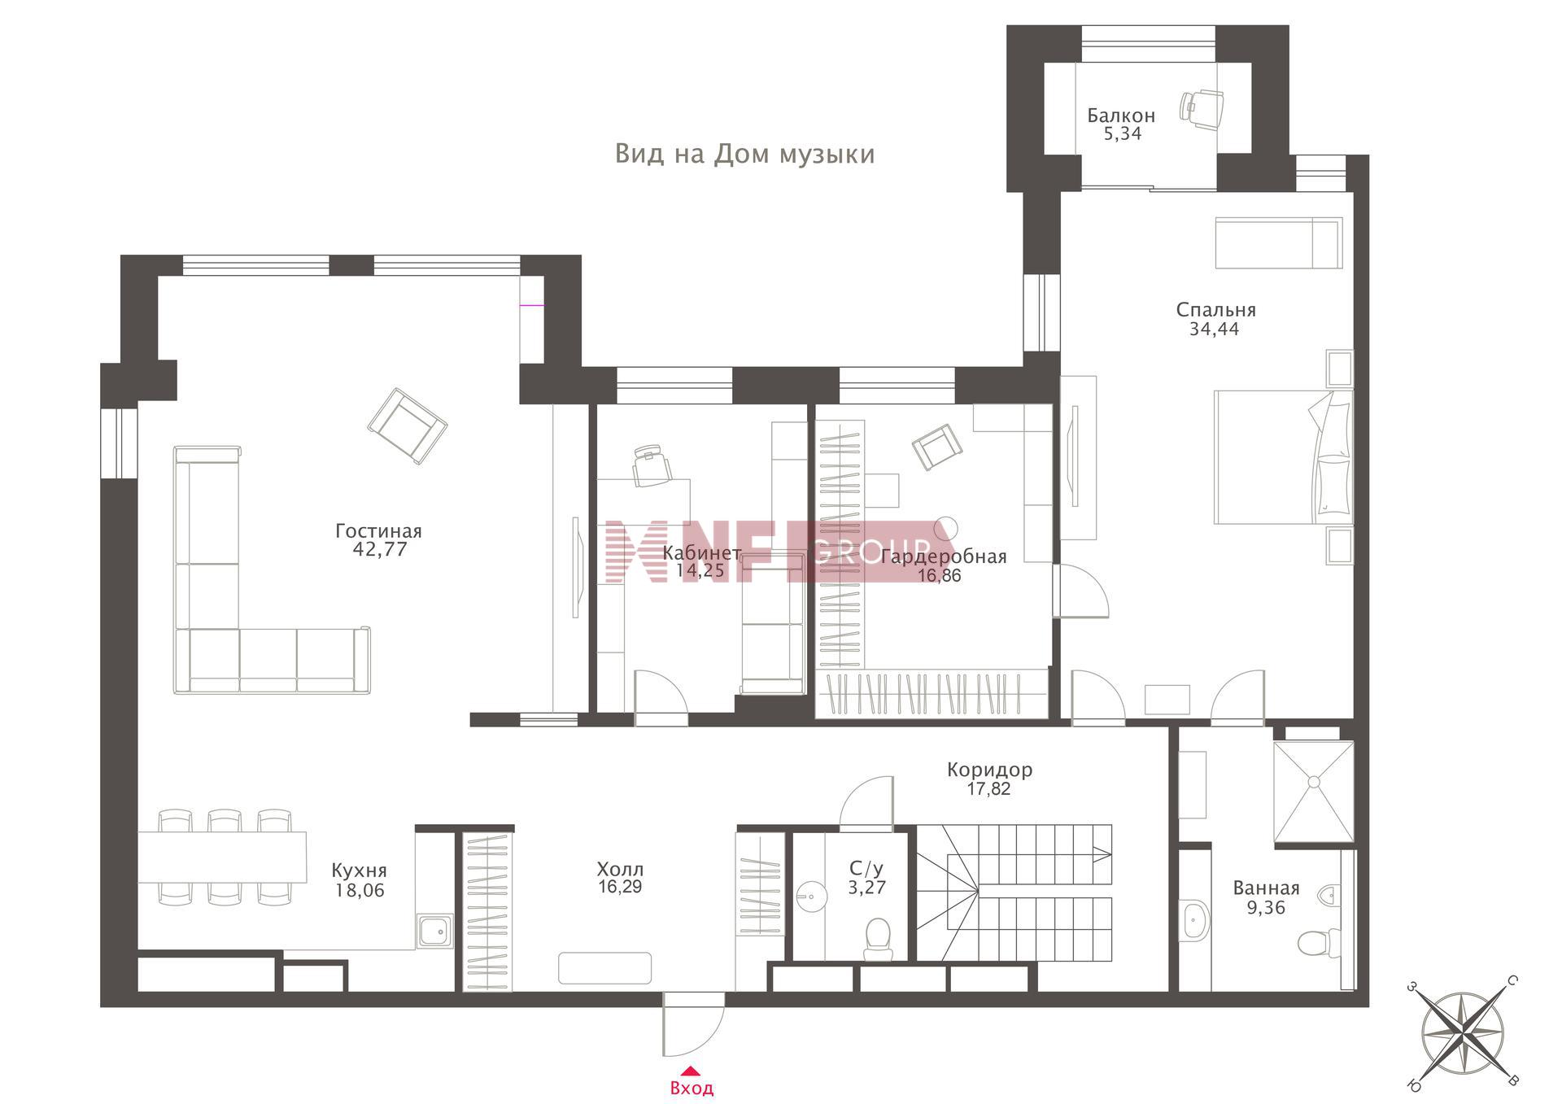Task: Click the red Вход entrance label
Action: tap(692, 1088)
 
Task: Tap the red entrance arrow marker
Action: tap(690, 1071)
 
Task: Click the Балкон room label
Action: tap(1121, 116)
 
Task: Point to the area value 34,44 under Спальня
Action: tap(1214, 329)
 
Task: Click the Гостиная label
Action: tap(378, 531)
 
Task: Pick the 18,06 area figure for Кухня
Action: tap(360, 891)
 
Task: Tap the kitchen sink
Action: tap(435, 931)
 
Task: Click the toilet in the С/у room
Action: tap(878, 938)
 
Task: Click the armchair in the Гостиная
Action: tap(408, 426)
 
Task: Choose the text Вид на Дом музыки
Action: tap(744, 154)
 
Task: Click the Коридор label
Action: tap(989, 770)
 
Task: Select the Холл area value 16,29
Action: tap(620, 887)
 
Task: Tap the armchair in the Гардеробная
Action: tap(936, 447)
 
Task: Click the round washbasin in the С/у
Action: tap(809, 897)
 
